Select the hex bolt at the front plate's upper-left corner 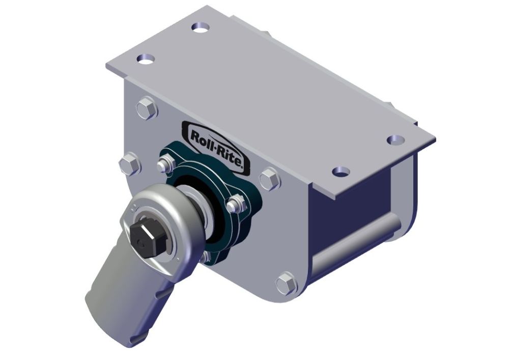click(147, 109)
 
